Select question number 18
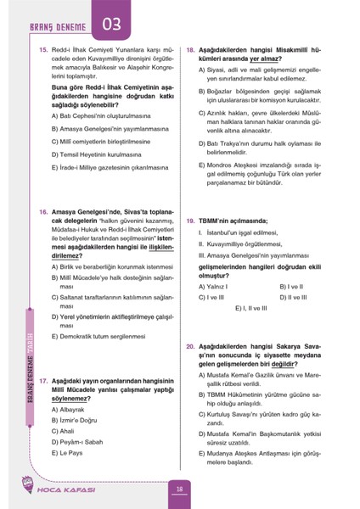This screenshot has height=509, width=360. coord(191,51)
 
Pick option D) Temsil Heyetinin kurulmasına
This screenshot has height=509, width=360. coord(104,156)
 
